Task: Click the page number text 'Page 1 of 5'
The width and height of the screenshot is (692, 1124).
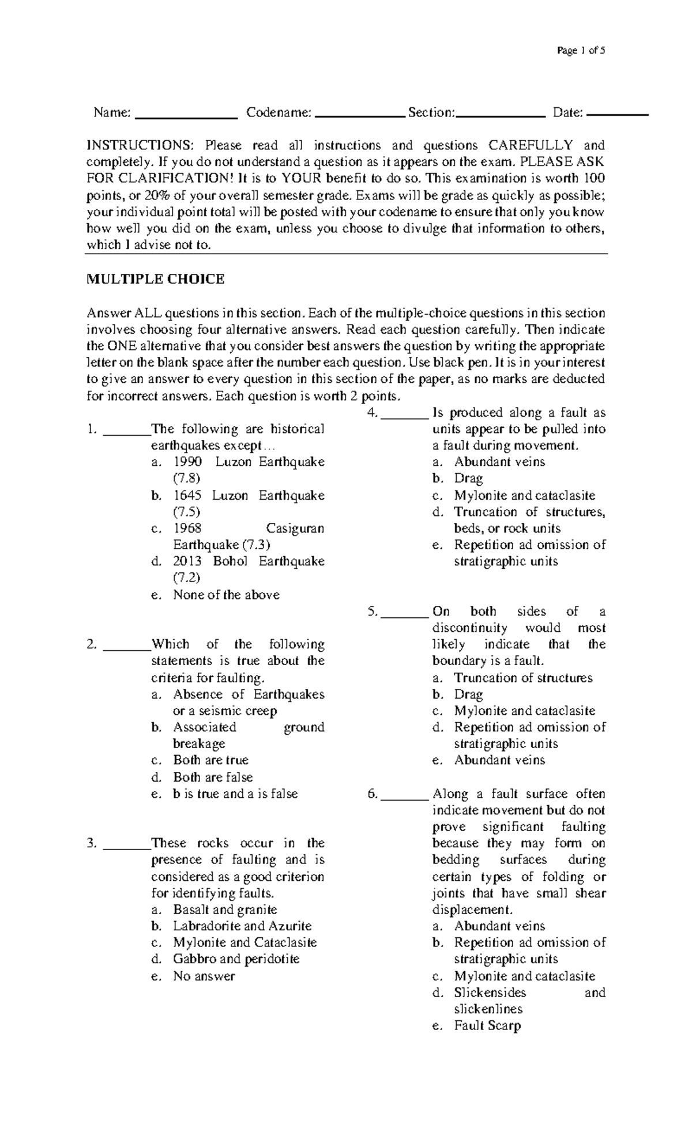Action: click(x=581, y=51)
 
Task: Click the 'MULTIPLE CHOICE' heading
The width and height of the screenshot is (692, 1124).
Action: click(x=155, y=280)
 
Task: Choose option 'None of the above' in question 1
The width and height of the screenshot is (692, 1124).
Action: click(x=226, y=595)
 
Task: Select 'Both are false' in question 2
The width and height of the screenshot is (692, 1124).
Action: click(x=213, y=777)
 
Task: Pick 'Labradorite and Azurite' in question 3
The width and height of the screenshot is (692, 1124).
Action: click(x=242, y=926)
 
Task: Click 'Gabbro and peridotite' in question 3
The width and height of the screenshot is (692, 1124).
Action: click(x=236, y=959)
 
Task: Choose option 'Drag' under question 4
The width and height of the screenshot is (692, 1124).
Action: click(x=468, y=478)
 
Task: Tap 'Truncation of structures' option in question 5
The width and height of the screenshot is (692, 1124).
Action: click(x=523, y=678)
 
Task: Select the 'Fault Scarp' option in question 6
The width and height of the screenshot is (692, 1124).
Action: click(x=487, y=1025)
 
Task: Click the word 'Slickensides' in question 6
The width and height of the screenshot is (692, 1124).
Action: click(x=490, y=993)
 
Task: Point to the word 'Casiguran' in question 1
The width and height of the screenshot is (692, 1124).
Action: click(x=295, y=529)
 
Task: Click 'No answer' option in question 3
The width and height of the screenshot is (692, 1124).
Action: click(x=204, y=976)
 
